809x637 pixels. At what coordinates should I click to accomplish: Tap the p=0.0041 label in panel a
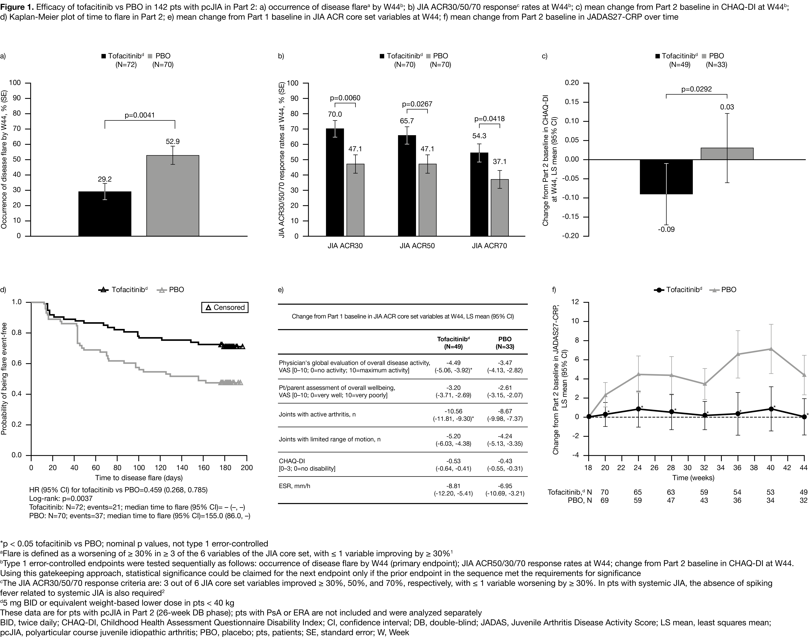pyautogui.click(x=140, y=115)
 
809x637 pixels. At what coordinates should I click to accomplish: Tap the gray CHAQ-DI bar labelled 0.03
pyautogui.click(x=727, y=154)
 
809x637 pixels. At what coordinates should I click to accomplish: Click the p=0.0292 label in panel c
pyautogui.click(x=697, y=89)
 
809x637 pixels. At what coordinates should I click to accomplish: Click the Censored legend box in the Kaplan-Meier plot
pyautogui.click(x=225, y=307)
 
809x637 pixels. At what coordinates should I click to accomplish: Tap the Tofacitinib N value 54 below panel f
pyautogui.click(x=737, y=492)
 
